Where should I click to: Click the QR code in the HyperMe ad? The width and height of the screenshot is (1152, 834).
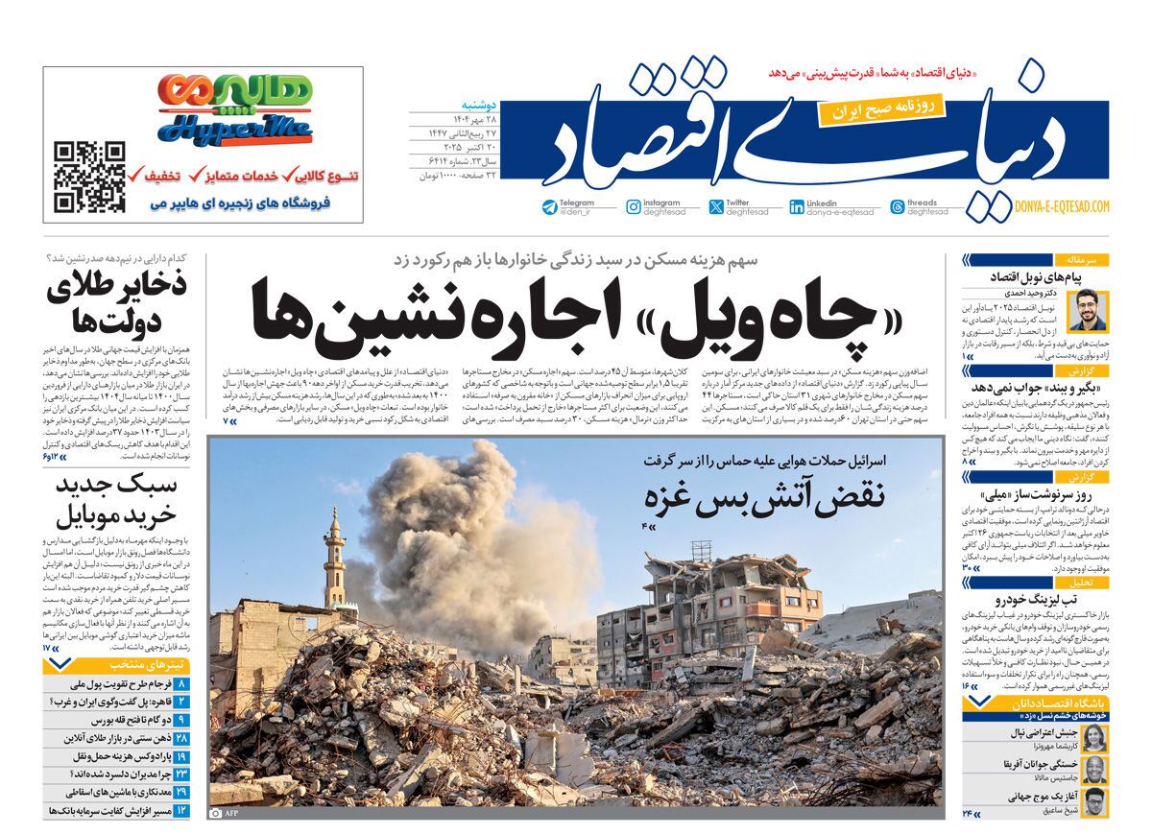(89, 177)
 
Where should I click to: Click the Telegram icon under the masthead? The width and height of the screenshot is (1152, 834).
(549, 206)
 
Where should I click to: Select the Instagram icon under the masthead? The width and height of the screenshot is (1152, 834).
(634, 206)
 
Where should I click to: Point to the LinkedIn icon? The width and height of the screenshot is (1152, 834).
(797, 206)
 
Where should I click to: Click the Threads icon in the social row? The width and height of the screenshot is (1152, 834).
(897, 206)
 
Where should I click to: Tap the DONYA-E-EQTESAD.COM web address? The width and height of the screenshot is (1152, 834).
(1061, 206)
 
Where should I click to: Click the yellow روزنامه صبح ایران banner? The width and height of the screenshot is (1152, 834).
(881, 107)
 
